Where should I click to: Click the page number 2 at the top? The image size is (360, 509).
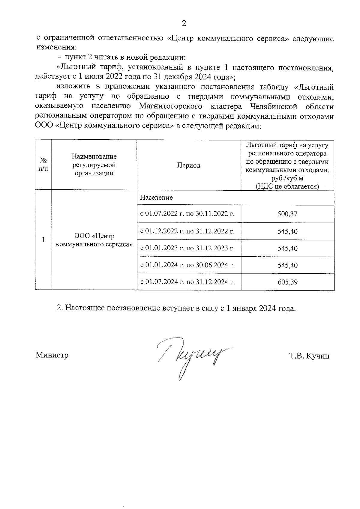(x=184, y=24)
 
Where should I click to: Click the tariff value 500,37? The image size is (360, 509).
(x=287, y=214)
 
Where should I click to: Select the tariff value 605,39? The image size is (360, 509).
(x=287, y=282)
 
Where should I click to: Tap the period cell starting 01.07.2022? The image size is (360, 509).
(x=187, y=214)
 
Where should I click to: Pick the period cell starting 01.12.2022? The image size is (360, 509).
(x=187, y=231)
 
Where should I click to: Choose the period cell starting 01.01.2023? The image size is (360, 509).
(x=187, y=248)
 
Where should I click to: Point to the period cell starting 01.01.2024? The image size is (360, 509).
(x=187, y=265)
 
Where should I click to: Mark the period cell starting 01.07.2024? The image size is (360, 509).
(x=187, y=282)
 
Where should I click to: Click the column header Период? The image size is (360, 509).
(x=188, y=165)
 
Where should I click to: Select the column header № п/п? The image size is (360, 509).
(x=43, y=165)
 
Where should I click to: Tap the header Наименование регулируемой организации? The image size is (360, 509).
(x=94, y=165)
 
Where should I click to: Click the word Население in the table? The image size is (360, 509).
(x=156, y=198)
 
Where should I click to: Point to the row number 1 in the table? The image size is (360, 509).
(x=43, y=240)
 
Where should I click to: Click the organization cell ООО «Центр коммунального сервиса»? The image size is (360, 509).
(x=94, y=240)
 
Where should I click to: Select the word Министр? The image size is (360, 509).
(x=52, y=355)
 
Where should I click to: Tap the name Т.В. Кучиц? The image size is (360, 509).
(x=309, y=356)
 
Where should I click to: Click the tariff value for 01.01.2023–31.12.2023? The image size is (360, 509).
(x=287, y=248)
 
